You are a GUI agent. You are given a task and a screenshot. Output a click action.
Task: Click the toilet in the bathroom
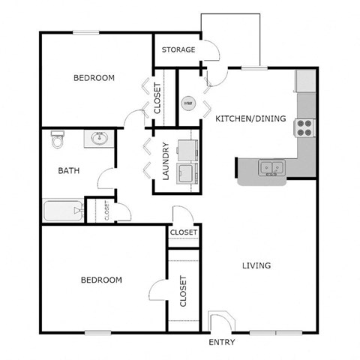56,141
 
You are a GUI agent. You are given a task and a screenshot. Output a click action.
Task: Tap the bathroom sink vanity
97,139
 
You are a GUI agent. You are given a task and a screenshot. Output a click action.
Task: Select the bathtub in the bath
63,211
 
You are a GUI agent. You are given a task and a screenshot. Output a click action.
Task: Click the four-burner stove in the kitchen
305,127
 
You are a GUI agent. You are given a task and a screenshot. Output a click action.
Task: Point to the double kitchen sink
271,167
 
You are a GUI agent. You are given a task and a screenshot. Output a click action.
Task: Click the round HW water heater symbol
188,103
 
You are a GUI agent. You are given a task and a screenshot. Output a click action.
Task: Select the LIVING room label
256,265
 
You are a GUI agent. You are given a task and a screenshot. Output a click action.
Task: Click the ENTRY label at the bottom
221,343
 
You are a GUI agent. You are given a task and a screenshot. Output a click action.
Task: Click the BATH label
69,170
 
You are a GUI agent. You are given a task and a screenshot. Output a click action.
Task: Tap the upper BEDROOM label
94,78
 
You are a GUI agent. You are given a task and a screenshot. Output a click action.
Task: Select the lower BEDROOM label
100,280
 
